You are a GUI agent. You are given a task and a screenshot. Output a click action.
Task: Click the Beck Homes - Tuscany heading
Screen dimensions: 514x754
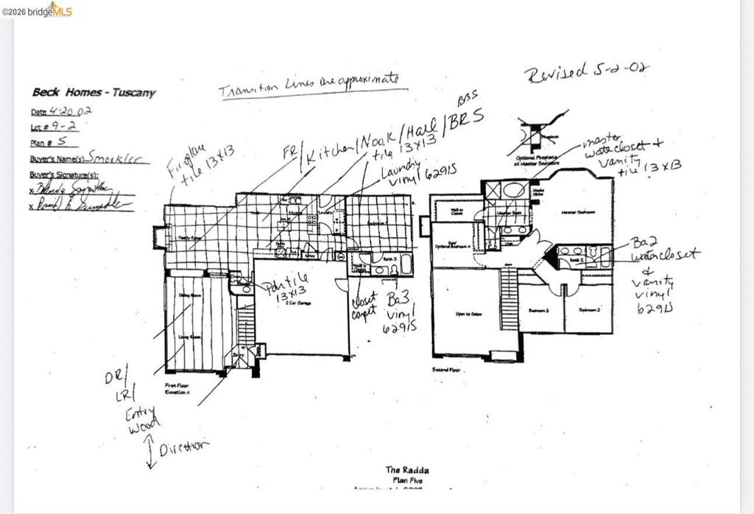94,93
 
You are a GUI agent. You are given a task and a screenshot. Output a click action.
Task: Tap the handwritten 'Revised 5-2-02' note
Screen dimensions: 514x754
586,71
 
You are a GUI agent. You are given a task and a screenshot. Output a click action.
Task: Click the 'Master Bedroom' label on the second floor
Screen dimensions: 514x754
581,212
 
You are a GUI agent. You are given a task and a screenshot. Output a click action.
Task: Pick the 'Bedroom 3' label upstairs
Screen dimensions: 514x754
540,310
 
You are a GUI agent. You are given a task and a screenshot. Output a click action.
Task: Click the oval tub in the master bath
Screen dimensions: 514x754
515,189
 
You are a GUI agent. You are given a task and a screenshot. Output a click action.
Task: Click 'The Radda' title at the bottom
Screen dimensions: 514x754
406,470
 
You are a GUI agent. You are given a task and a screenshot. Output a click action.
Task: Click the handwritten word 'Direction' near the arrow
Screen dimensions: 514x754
184,446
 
